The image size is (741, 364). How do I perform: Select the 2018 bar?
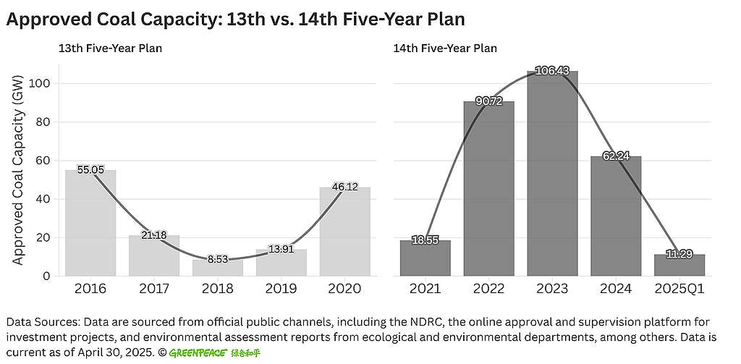(217, 268)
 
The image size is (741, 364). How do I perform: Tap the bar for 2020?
(344, 232)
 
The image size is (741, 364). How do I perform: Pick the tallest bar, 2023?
(552, 174)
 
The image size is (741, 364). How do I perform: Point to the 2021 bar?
(425, 258)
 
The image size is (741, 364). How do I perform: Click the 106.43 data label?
(552, 71)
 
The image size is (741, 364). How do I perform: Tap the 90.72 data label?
(489, 101)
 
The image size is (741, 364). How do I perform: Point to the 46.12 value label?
(344, 187)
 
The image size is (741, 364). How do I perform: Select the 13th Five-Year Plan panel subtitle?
(110, 48)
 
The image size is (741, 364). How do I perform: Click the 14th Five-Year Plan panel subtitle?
(445, 48)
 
